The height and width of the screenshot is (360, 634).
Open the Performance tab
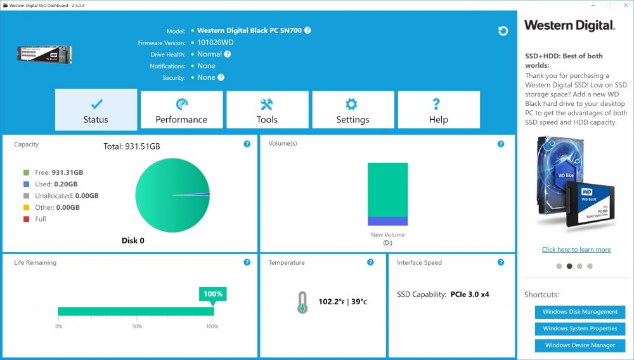181,110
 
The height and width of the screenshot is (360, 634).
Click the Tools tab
268,110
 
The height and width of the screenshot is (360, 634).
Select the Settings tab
353,110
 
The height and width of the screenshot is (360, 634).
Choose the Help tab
439,110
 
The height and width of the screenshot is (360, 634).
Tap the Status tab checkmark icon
96,104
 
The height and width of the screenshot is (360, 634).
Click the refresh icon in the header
503,31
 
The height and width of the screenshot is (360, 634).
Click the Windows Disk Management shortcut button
580,312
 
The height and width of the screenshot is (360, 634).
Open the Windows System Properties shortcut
580,328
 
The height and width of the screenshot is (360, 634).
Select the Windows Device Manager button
580,345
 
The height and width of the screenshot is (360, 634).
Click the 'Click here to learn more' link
576,250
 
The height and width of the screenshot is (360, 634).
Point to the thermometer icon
302,302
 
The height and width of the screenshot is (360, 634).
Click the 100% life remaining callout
212,294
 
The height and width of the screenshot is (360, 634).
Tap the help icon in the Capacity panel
247,144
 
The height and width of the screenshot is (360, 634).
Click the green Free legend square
26,172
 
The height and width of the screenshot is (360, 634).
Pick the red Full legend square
26,219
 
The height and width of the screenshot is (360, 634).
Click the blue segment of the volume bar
387,221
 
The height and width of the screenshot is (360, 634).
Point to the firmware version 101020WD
215,42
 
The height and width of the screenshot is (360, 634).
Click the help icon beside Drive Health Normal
228,54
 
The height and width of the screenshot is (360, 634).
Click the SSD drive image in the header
44,55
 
